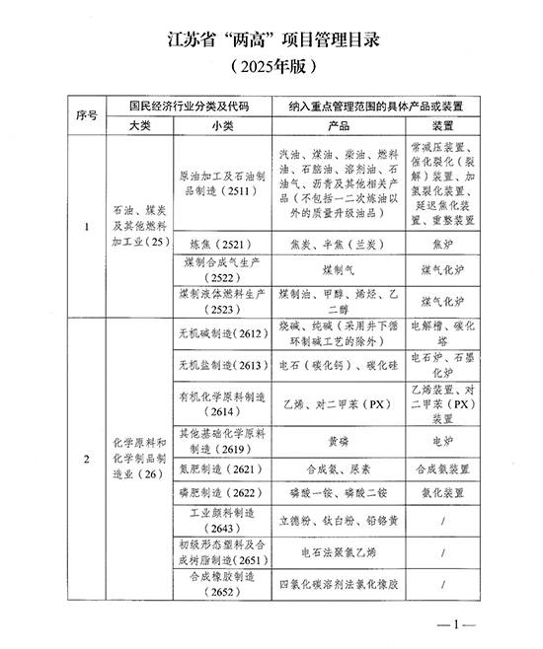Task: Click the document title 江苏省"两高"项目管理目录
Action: tap(272, 41)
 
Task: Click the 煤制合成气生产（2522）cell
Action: tap(219, 268)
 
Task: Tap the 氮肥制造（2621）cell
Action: tap(219, 467)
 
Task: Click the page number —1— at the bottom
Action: tap(457, 623)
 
